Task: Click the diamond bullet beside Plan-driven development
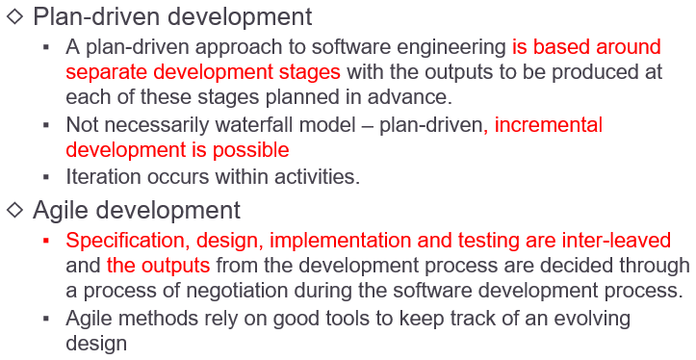coord(15,17)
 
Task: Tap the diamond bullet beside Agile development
coord(15,210)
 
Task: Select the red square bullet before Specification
coord(45,240)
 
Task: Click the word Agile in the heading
coord(64,210)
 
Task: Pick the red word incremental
coord(549,125)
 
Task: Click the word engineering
coord(454,46)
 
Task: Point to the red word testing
coord(493,241)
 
